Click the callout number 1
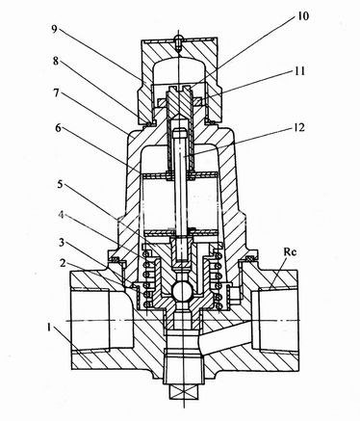tap(49, 329)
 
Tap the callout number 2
tap(63, 263)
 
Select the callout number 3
tap(63, 243)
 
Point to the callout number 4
tap(63, 215)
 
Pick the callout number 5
tap(61, 185)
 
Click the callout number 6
tap(58, 128)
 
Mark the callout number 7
tap(57, 93)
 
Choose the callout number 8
tap(56, 61)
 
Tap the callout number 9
tap(54, 29)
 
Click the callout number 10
tap(301, 15)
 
